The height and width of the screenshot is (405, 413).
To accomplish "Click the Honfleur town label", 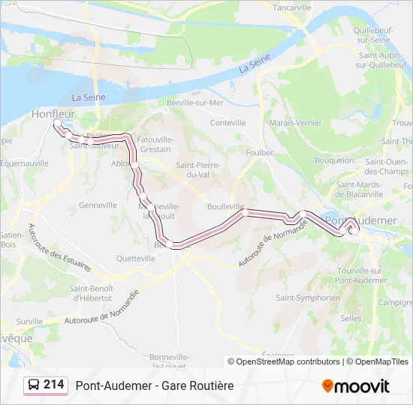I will pos(52,114).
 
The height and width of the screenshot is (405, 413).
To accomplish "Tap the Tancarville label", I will pos(292,7).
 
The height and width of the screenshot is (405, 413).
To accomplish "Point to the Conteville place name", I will pos(228,122).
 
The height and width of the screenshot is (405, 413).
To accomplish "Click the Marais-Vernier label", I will pos(295,123).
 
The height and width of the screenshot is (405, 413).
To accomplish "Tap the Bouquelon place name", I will pos(334,160).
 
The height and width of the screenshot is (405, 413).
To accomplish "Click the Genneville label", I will pos(98,205).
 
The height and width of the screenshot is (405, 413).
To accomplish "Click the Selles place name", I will pos(351,318).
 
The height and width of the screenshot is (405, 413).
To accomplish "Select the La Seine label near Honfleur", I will pos(88,97).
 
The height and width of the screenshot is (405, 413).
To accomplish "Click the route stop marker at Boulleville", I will pos(244,213).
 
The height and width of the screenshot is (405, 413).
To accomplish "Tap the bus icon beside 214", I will pos(34,385).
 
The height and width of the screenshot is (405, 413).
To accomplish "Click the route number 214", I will pos(54,385).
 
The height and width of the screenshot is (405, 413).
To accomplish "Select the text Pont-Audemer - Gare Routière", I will pos(155,385).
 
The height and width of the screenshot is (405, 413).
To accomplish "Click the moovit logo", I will pos(356,386).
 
